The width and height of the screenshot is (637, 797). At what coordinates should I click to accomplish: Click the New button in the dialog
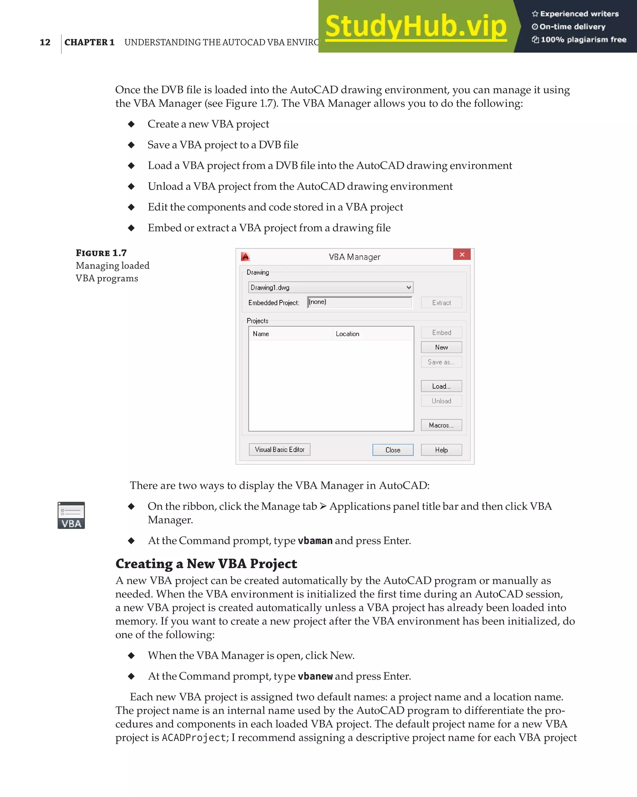click(441, 347)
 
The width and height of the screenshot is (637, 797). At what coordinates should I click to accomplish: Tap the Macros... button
click(441, 425)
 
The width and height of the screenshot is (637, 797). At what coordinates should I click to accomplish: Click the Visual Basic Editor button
click(279, 449)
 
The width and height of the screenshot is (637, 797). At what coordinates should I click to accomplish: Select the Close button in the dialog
click(393, 450)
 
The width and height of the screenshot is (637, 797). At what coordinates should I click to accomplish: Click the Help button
click(441, 450)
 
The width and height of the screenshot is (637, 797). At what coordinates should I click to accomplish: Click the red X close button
click(462, 254)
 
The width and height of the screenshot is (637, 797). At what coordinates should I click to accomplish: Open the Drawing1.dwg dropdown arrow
click(408, 287)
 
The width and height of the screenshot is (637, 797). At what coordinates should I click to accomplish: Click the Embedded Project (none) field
click(359, 302)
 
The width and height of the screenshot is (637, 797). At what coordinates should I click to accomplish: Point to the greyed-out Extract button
click(441, 303)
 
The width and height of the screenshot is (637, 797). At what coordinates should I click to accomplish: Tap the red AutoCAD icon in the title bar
click(245, 256)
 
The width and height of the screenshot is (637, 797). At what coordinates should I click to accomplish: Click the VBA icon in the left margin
click(71, 515)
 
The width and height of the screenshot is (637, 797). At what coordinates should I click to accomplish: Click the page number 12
click(45, 42)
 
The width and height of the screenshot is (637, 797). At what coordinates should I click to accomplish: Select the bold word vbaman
click(315, 541)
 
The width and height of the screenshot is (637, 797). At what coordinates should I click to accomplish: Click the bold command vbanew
click(315, 676)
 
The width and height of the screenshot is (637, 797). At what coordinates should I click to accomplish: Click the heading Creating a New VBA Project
click(206, 564)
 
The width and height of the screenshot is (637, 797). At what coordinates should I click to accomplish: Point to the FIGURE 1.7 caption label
click(101, 253)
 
